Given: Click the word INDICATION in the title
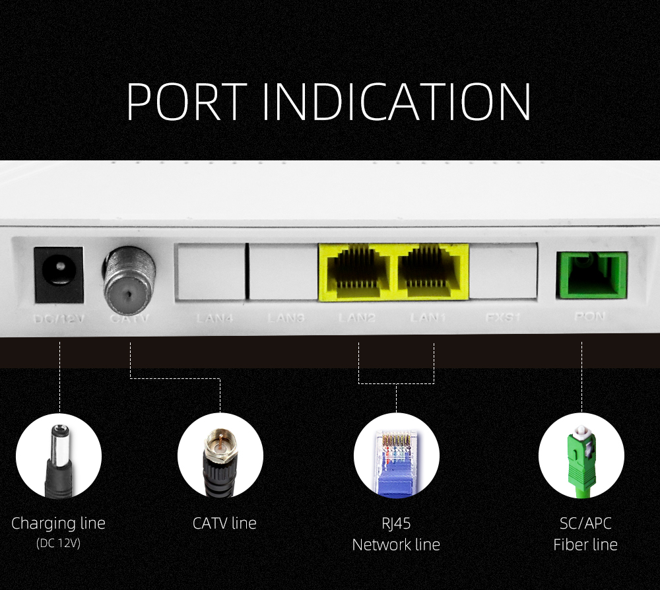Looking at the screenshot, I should [x=396, y=102].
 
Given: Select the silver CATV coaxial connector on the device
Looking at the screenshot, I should [x=129, y=277].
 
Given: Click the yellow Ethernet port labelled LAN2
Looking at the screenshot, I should [x=356, y=271].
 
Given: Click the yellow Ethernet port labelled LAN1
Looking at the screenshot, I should [x=432, y=271].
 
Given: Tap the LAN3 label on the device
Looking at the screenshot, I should [x=286, y=318].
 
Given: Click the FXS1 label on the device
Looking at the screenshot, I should [x=504, y=317].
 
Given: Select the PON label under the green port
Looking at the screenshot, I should [x=589, y=317].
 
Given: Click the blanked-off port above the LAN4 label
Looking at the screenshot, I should [x=209, y=271].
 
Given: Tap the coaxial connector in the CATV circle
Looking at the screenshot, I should [x=220, y=455].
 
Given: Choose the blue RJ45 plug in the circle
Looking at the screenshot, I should [x=396, y=462].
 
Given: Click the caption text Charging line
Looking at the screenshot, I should [x=58, y=523].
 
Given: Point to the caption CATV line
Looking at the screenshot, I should [x=224, y=523].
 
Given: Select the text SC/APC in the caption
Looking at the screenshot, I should [x=585, y=523].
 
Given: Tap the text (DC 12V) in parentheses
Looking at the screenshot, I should [x=58, y=544].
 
